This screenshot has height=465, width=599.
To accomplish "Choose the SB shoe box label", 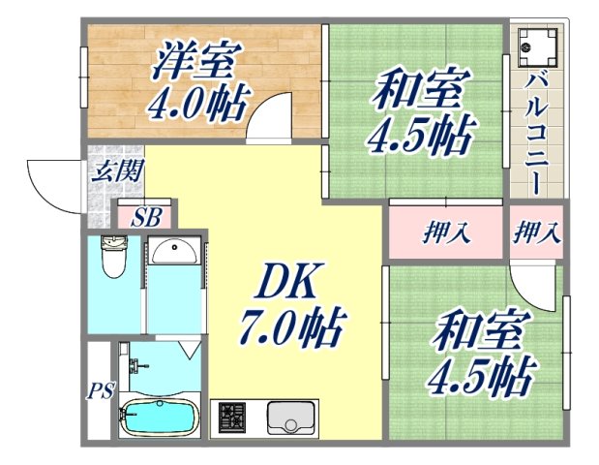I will [146, 217].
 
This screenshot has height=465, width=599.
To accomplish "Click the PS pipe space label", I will [101, 391].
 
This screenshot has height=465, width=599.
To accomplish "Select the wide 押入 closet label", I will [446, 232].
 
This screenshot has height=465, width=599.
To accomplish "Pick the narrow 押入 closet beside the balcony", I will [535, 232].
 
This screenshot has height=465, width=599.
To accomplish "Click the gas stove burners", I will [233, 418].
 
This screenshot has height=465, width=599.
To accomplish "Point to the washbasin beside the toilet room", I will [174, 251].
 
